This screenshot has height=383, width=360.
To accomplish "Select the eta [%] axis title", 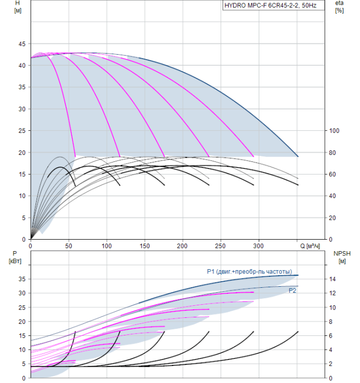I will point(339,7).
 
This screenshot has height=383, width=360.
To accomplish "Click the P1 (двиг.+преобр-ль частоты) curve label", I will point(249,271).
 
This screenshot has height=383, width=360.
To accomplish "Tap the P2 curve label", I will point(293,291).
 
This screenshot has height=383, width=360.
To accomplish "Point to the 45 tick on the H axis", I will point(22,44).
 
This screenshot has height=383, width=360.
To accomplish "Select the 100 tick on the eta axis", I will point(334,131).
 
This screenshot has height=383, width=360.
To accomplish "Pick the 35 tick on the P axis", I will point(22,279).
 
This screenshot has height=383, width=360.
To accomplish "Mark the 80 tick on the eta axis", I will point(333,153).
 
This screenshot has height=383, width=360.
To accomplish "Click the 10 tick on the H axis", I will point(22,196).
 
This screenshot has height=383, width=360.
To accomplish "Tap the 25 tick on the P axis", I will point(22,307).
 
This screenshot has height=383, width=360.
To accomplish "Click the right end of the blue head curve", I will point(298,156).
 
